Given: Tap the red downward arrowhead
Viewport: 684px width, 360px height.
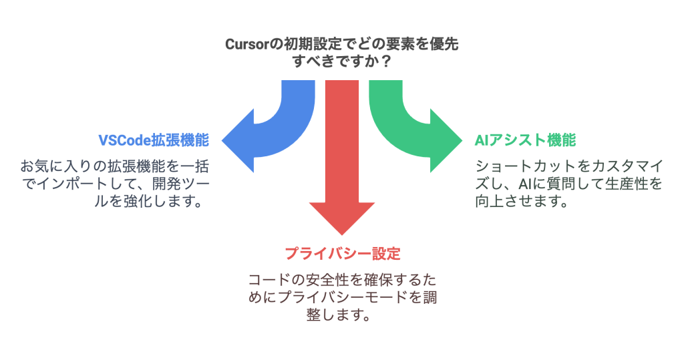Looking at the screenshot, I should tap(341, 217).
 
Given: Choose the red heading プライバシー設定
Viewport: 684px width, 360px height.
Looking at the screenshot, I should tap(342, 254).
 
